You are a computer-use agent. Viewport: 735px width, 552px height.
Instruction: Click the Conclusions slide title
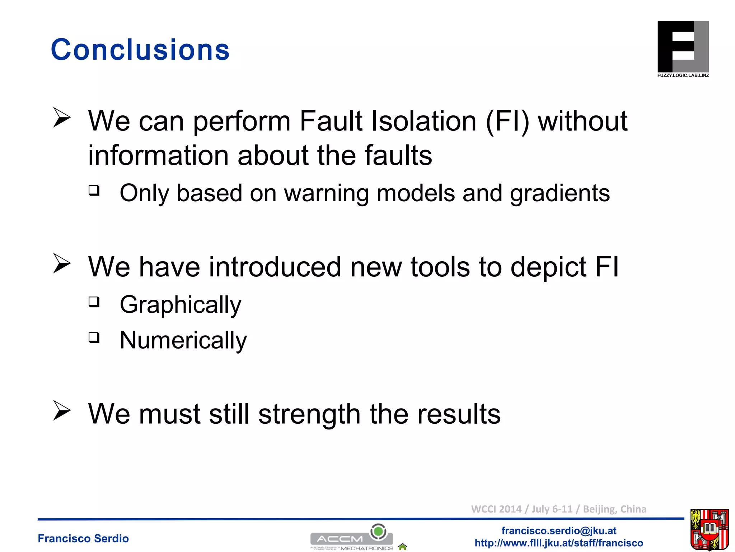(x=140, y=50)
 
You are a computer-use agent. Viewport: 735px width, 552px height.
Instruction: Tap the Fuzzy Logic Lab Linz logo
(x=683, y=49)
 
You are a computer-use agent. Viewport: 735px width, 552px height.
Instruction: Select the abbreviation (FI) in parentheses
(x=507, y=121)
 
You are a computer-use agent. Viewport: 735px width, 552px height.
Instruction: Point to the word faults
(x=398, y=156)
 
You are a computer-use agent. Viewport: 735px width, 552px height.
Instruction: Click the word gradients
(x=560, y=193)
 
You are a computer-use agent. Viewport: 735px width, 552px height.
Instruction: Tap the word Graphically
(x=181, y=305)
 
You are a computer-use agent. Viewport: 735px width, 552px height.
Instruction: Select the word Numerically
(x=183, y=340)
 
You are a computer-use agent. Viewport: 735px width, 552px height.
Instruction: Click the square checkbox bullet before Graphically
(x=94, y=302)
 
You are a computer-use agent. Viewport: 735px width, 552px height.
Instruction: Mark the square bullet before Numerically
(x=94, y=337)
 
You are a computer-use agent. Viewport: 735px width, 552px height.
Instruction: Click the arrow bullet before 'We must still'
(x=62, y=410)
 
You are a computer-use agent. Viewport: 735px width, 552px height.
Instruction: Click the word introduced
(x=275, y=267)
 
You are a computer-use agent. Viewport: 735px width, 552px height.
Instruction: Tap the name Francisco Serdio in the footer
(x=83, y=538)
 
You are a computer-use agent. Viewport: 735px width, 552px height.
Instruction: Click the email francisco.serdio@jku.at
(x=559, y=530)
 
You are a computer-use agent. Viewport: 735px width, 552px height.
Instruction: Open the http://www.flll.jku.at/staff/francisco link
(x=559, y=543)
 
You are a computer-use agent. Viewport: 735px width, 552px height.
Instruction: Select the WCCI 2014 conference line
(x=558, y=509)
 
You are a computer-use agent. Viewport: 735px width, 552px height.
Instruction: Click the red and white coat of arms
(x=710, y=530)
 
